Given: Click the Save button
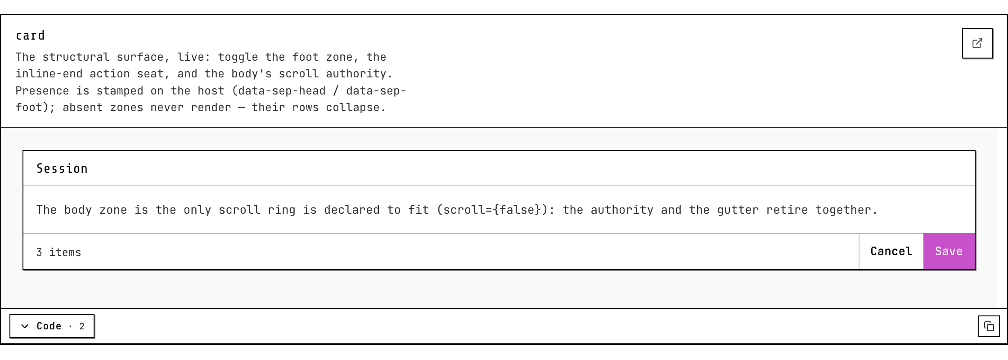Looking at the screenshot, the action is coord(949,251).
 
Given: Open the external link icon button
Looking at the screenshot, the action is coord(977,43).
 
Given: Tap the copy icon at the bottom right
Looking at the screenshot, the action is coord(989,326).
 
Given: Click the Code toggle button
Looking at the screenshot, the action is coord(52,326).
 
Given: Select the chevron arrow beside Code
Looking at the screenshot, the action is coord(25,326).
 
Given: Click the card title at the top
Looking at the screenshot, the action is coord(30,36).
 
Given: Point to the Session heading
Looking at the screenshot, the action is coord(62,169).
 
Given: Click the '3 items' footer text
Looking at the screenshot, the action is coord(59,252).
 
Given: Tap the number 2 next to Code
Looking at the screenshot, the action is coord(82,326).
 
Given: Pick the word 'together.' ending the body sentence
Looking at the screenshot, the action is coord(846,210).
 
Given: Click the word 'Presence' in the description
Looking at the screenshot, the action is coord(42,91).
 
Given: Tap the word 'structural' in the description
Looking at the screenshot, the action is coord(76,57).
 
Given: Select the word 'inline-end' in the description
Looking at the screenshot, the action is coord(49,74).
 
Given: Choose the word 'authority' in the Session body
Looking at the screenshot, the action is coord(622,210).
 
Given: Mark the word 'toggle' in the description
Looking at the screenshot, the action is coord(238,58).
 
